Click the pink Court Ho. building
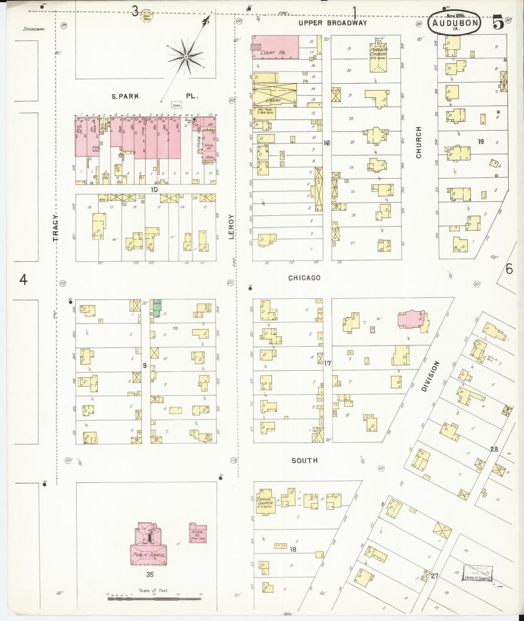tap(276, 47)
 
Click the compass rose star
tap(186, 57)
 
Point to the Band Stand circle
tap(147, 16)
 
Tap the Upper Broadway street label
tap(333, 23)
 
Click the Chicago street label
tap(304, 278)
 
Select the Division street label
tap(430, 376)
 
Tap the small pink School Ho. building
tap(198, 533)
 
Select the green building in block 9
tap(157, 308)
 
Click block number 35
tap(150, 575)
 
